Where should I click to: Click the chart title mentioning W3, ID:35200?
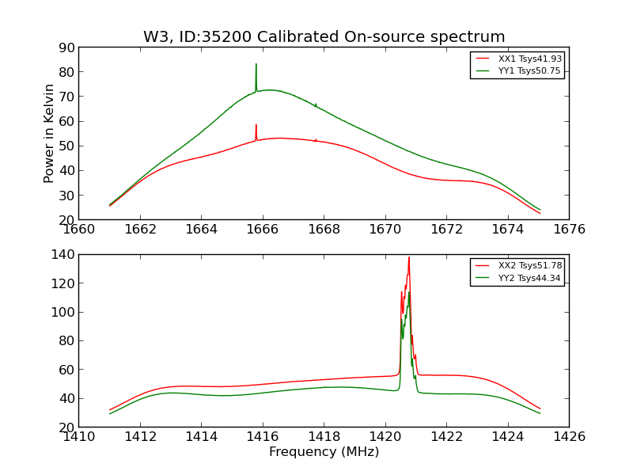pos(324,37)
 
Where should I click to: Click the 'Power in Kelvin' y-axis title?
pos(49,133)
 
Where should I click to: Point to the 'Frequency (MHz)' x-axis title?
pos(324,452)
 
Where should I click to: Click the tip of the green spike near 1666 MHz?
pos(256,64)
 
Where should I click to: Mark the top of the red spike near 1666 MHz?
pos(256,125)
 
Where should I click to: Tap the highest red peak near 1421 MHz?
pos(409,257)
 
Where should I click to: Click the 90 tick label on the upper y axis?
pos(66,47)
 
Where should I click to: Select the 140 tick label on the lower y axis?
pos(62,254)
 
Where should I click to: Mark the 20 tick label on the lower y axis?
pos(66,427)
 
